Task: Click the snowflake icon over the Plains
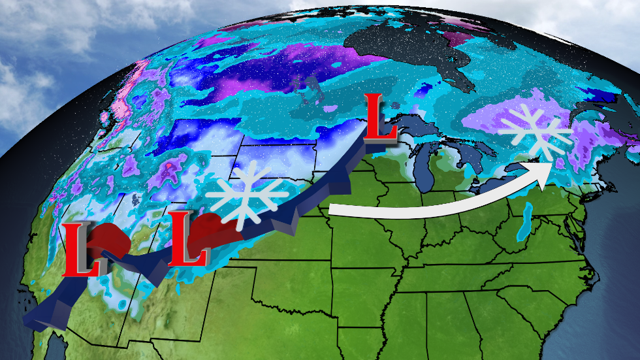tap(247, 194)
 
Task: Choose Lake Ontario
tap(522, 169)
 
